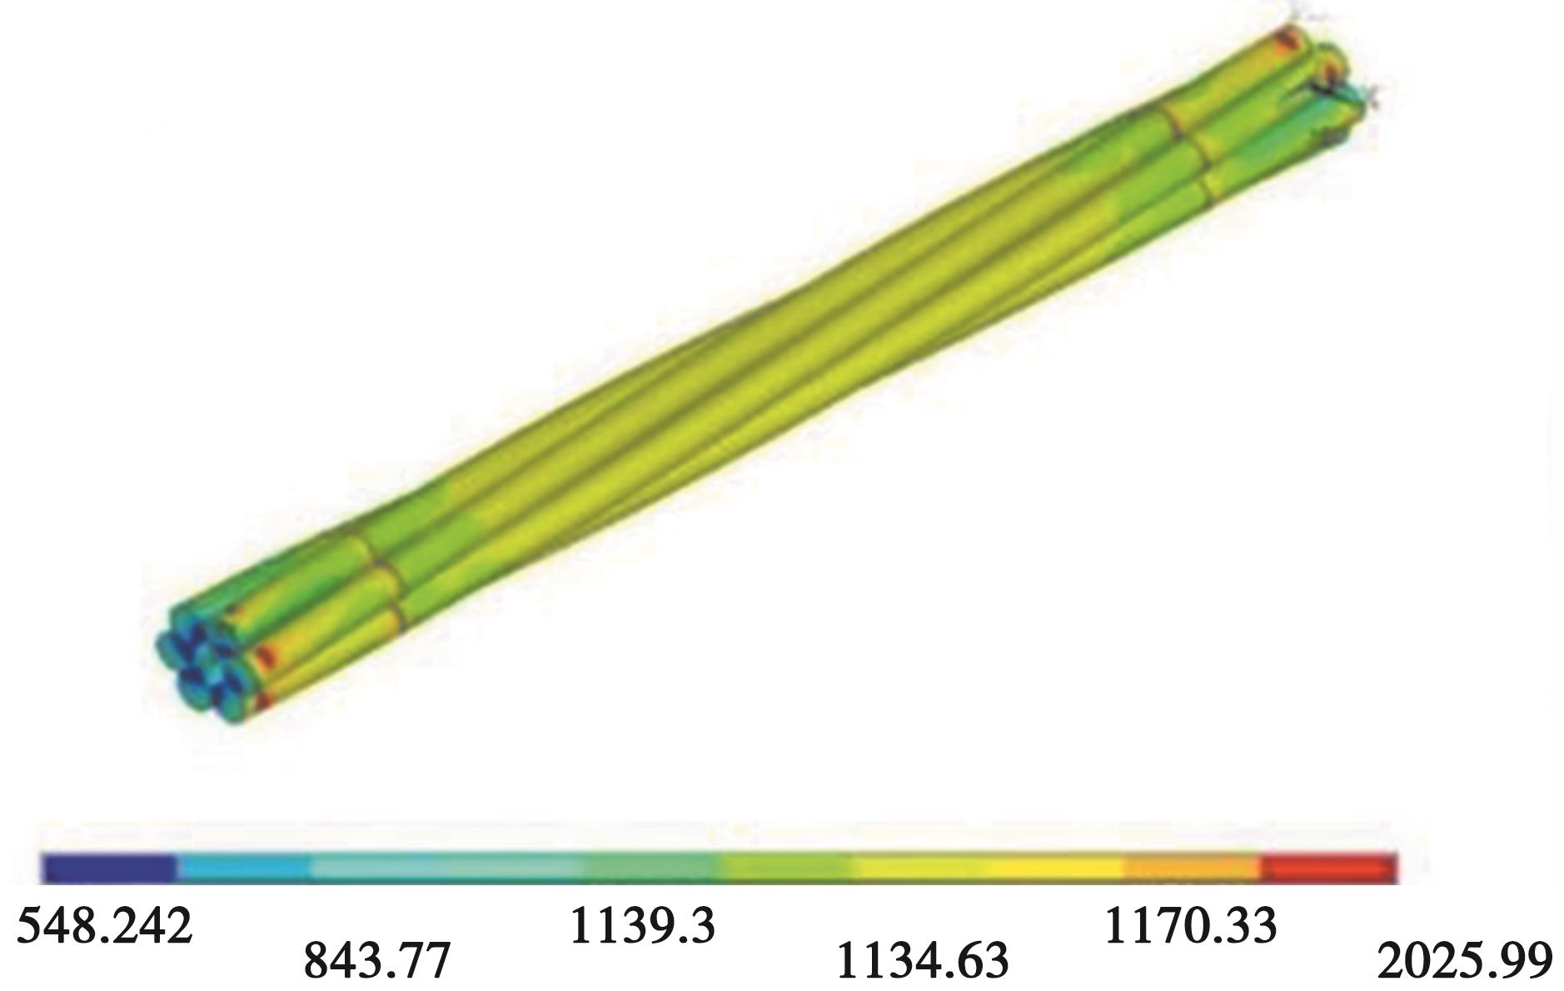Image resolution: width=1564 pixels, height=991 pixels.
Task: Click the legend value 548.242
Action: point(104,925)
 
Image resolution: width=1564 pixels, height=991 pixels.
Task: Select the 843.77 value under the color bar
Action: point(376,959)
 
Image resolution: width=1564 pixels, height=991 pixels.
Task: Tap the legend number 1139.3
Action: point(641,925)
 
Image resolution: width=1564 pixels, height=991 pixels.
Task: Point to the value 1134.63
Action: point(921,959)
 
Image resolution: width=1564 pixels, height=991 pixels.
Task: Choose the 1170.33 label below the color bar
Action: point(1189,925)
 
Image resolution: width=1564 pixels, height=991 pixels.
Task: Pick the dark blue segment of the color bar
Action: point(109,868)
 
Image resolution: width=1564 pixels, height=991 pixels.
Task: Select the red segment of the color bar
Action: point(1329,868)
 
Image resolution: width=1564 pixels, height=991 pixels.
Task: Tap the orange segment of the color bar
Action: point(1193,868)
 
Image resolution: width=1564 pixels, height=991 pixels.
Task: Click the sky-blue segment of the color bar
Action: point(245,868)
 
